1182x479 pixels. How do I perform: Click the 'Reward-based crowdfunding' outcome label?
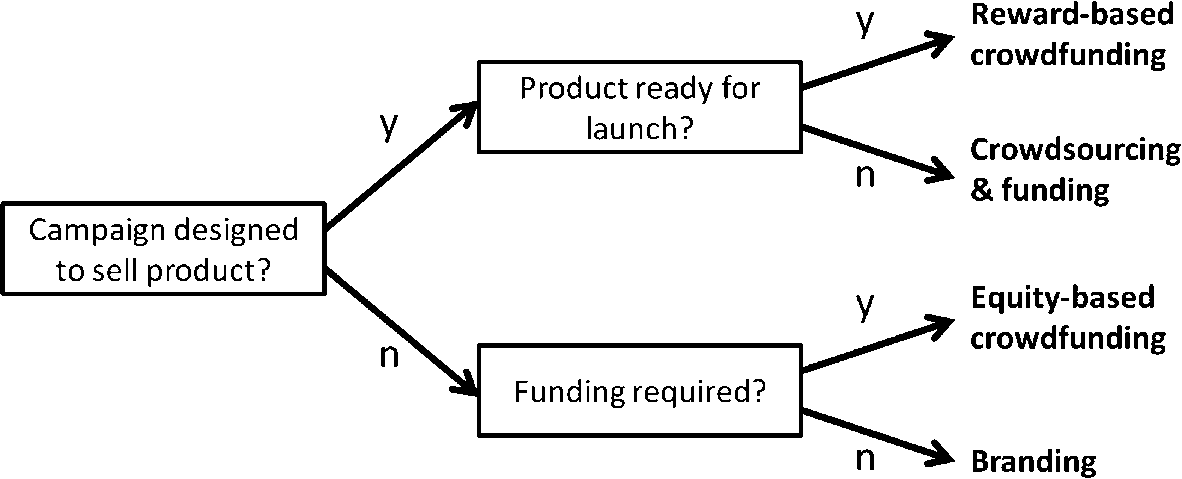pos(1072,35)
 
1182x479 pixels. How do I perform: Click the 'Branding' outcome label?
pos(1033,462)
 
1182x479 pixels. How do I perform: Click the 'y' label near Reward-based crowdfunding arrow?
pos(865,24)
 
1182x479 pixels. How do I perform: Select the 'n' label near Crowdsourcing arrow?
pos(866,176)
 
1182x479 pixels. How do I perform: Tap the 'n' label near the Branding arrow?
pos(866,459)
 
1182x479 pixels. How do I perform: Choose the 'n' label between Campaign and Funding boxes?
pos(389,356)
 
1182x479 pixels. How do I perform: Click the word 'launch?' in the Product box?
pos(640,128)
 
